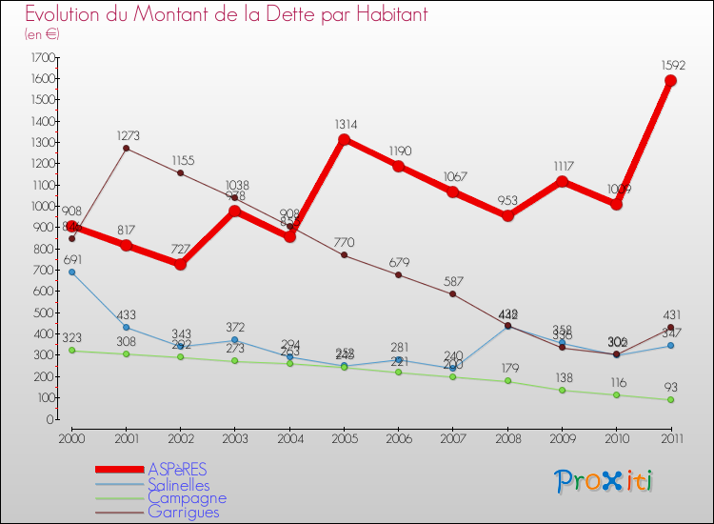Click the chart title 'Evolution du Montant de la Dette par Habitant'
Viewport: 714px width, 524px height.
[226, 15]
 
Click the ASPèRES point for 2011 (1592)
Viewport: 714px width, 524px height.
[670, 80]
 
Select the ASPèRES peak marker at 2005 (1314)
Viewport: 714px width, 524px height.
[344, 139]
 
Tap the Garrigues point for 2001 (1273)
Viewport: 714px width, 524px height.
[126, 148]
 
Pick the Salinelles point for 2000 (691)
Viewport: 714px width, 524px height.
[71, 272]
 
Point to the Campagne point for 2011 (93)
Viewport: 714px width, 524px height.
[670, 399]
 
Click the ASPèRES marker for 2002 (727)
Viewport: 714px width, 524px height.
[181, 264]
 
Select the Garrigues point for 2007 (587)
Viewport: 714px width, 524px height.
[452, 293]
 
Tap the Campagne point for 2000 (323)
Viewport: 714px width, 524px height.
[71, 350]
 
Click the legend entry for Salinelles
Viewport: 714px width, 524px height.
[178, 484]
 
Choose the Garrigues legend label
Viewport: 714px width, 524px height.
[183, 512]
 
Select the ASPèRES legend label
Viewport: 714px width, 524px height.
[176, 470]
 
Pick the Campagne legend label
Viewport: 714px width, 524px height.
[187, 497]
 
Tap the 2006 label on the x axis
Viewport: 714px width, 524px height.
[398, 437]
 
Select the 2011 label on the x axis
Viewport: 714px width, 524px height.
[670, 437]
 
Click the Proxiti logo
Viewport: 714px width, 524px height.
[605, 480]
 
